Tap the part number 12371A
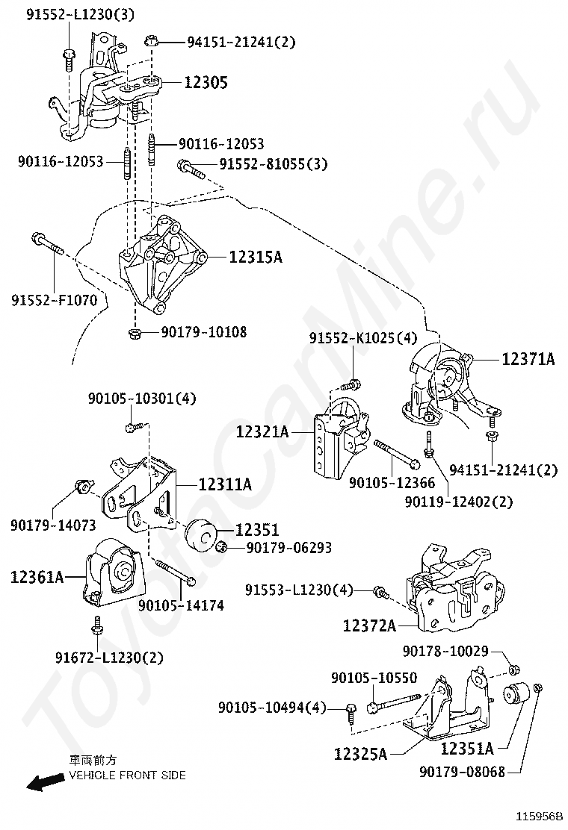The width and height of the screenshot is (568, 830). tap(528, 359)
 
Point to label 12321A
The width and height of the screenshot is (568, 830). tap(262, 431)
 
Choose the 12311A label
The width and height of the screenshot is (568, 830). tap(224, 484)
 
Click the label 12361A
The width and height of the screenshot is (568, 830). tap(37, 576)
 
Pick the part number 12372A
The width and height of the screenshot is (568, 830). tap(370, 625)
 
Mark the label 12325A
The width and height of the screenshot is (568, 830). tap(361, 754)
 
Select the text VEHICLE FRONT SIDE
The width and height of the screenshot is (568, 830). tap(127, 776)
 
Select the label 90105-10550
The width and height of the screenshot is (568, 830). tap(374, 678)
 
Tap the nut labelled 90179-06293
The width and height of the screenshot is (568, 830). tap(221, 549)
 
